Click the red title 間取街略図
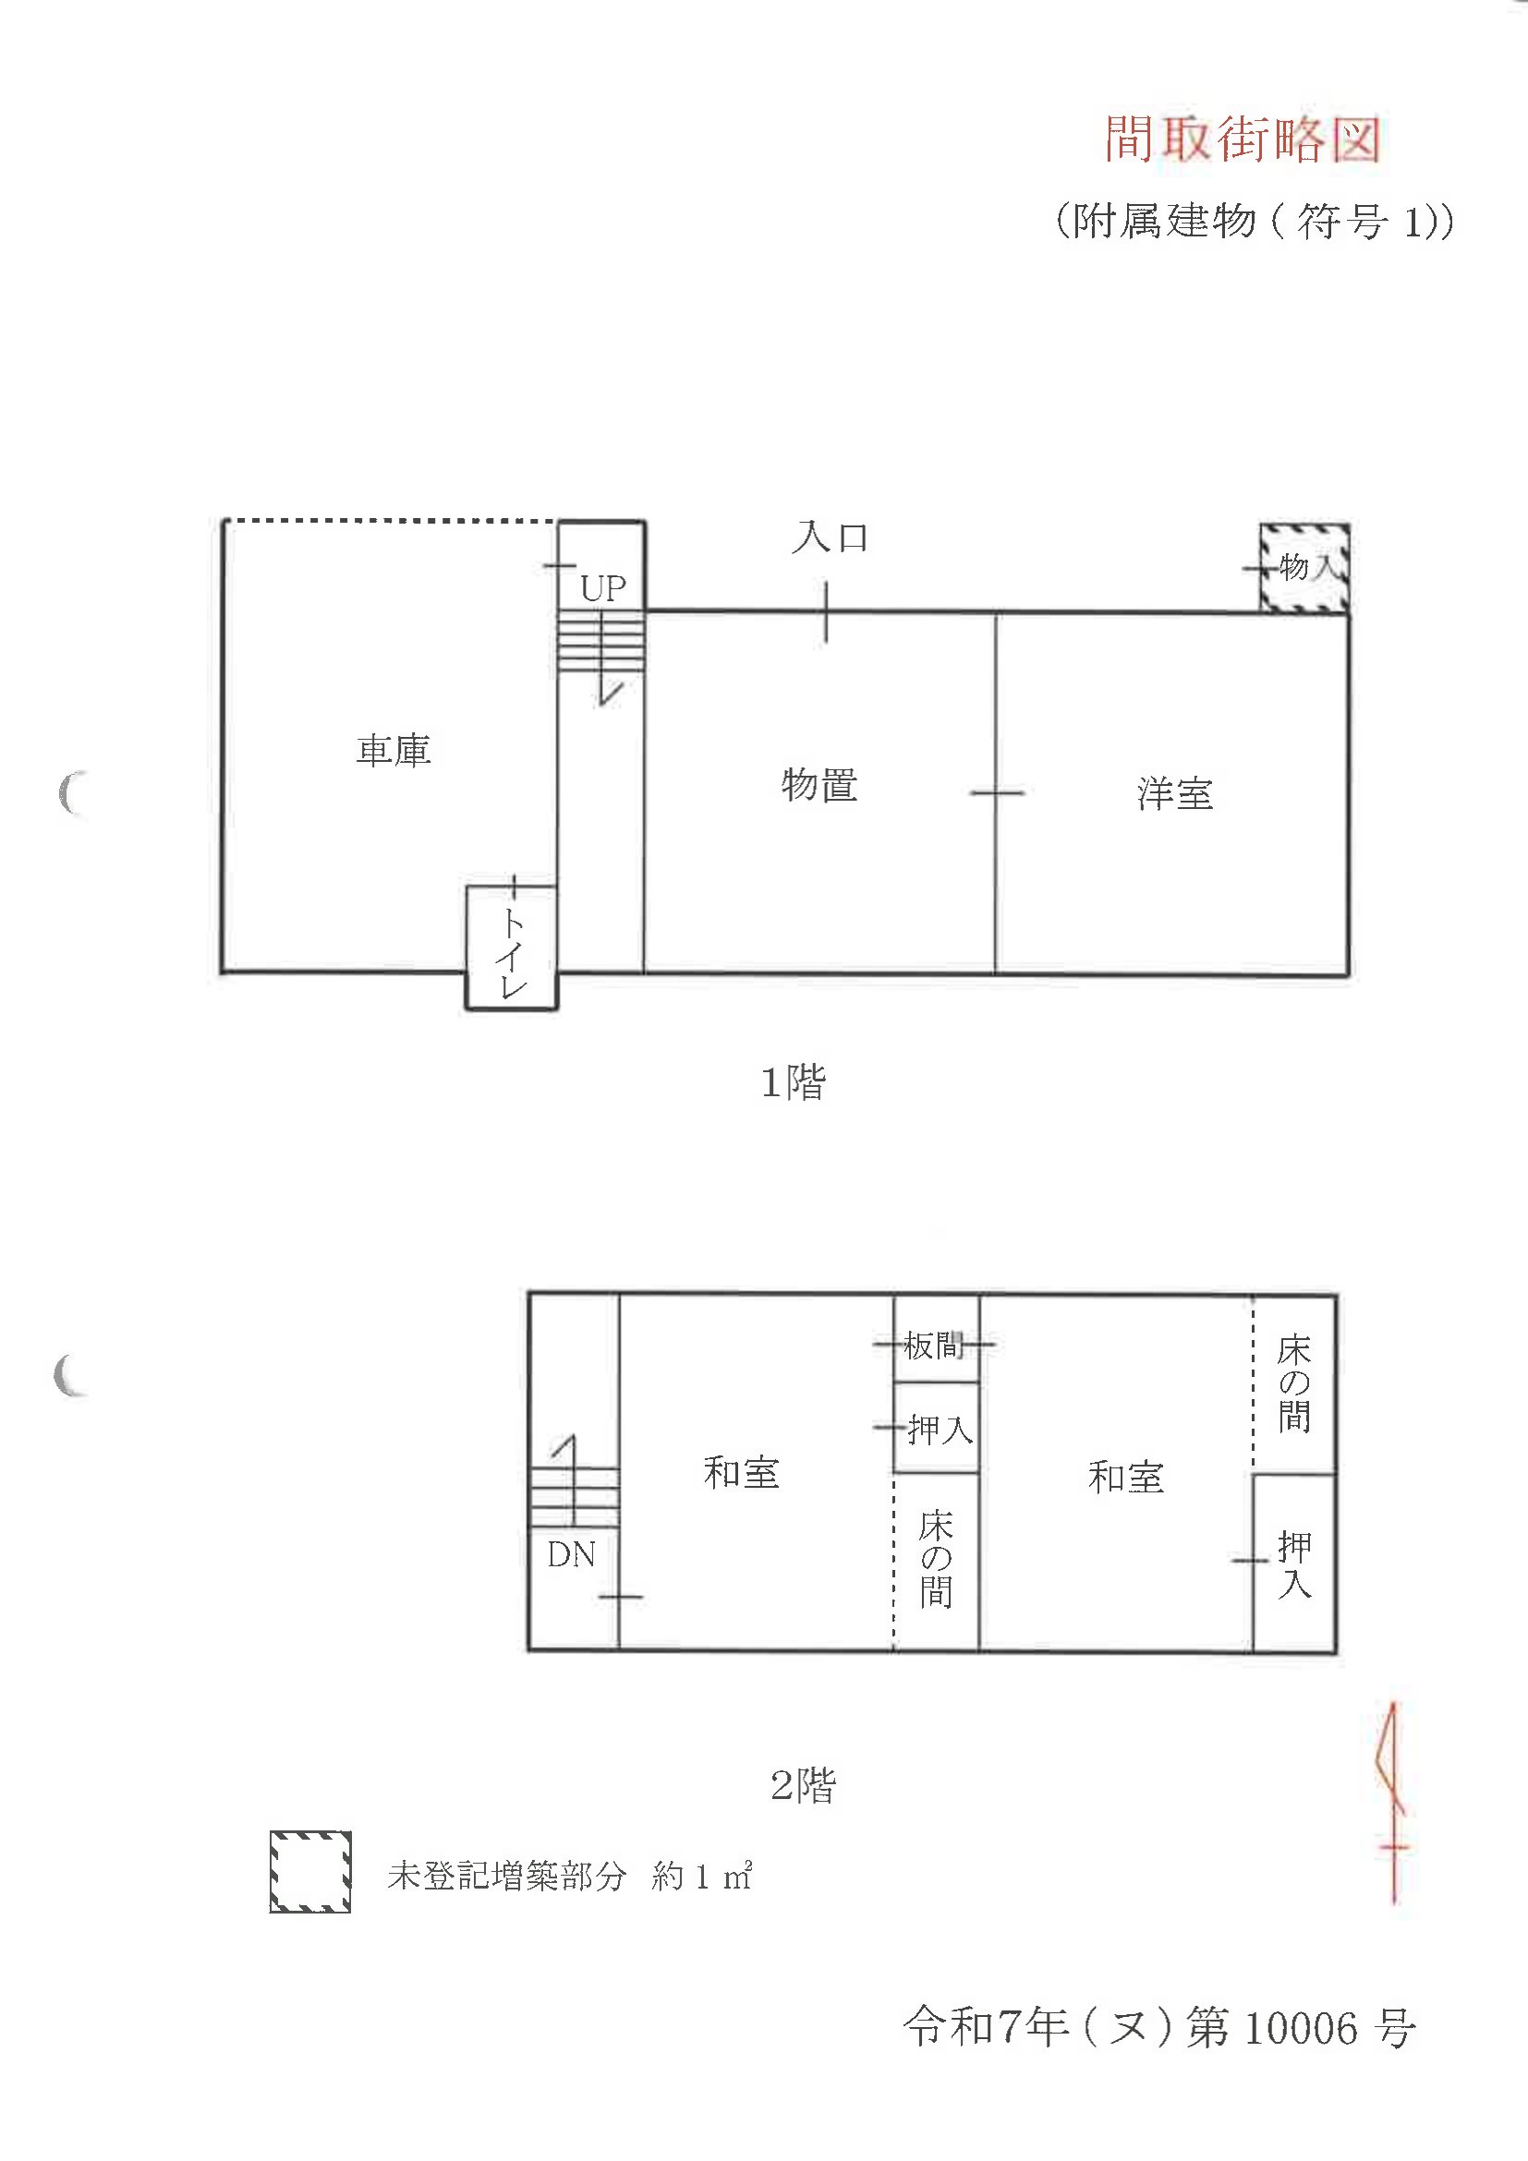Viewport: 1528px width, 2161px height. click(x=1243, y=139)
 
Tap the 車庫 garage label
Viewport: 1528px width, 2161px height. click(x=394, y=750)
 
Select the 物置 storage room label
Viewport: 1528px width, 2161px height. click(x=819, y=784)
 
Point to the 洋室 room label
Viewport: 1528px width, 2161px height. click(x=1175, y=793)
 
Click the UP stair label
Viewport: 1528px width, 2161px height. click(x=603, y=588)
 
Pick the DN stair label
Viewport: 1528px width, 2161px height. click(x=572, y=1554)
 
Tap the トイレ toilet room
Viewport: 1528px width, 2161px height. click(x=511, y=948)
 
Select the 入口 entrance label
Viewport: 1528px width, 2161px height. click(x=831, y=537)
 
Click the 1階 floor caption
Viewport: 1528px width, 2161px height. click(x=793, y=1082)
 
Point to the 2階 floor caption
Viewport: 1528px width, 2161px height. click(x=803, y=1784)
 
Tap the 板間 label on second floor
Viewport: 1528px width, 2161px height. click(x=934, y=1346)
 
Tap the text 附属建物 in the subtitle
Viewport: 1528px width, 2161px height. click(x=1165, y=222)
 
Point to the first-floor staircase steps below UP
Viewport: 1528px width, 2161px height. click(x=600, y=640)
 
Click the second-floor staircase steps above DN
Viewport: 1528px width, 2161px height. click(x=575, y=1497)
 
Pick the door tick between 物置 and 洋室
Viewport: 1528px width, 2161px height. click(x=996, y=793)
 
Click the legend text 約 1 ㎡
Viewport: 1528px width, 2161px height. click(x=702, y=1877)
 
